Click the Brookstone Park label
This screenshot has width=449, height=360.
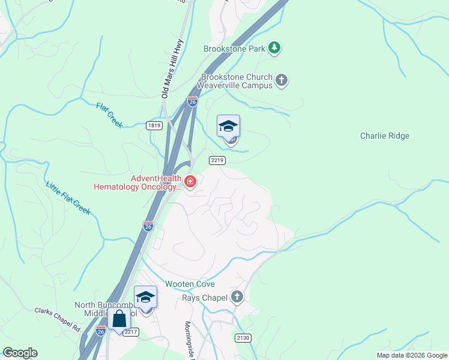pyautogui.click(x=234, y=49)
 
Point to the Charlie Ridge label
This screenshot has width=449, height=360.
pyautogui.click(x=384, y=136)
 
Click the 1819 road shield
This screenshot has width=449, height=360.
pyautogui.click(x=154, y=125)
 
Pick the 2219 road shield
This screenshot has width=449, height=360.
pyautogui.click(x=217, y=160)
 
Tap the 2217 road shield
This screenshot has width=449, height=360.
pyautogui.click(x=132, y=331)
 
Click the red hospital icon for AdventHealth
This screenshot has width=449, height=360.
pyautogui.click(x=190, y=181)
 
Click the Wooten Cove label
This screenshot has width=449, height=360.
pyautogui.click(x=190, y=284)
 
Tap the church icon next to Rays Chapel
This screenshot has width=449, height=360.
pyautogui.click(x=238, y=297)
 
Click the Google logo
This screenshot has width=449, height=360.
pyautogui.click(x=20, y=353)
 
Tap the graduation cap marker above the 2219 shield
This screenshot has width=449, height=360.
pyautogui.click(x=228, y=127)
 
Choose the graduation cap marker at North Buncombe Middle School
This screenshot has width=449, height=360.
pyautogui.click(x=145, y=297)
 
